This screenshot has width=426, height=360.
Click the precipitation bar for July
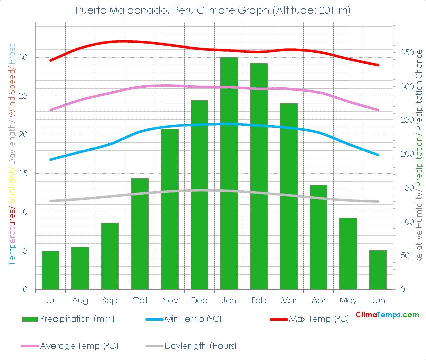click(50, 270)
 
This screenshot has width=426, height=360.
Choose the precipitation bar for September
click(110, 256)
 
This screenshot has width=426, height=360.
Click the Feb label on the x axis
click(259, 300)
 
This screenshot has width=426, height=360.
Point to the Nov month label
click(170, 300)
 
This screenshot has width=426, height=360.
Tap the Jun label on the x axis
click(378, 300)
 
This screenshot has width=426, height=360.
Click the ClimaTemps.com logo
click(387, 315)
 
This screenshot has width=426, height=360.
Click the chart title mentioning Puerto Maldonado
click(213, 10)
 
